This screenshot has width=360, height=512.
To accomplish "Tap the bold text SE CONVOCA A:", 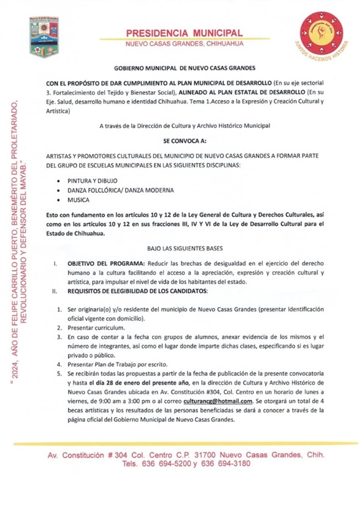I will (184, 142).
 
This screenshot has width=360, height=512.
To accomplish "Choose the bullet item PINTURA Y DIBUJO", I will (92, 181).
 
